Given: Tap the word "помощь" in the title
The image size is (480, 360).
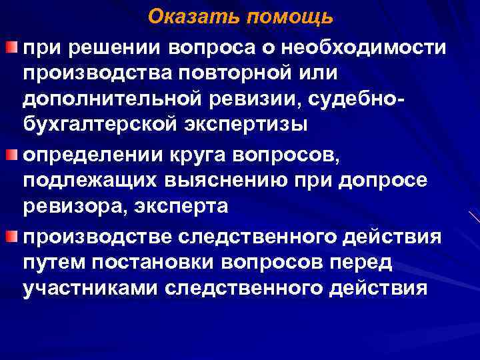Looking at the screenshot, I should click(288, 17).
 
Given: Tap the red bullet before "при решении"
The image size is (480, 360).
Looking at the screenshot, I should click(10, 47).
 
